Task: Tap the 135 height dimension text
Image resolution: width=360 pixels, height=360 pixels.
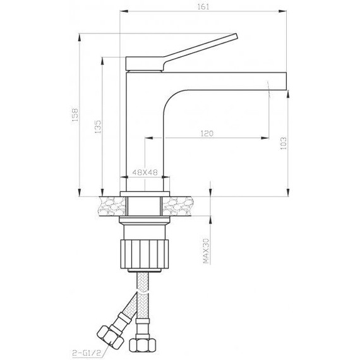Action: pos(97,126)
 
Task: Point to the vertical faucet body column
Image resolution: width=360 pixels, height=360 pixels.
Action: pos(145,126)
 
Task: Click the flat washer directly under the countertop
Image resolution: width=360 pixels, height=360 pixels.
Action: pos(146,220)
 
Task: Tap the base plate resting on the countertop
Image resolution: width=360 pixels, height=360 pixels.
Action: pos(146,189)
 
